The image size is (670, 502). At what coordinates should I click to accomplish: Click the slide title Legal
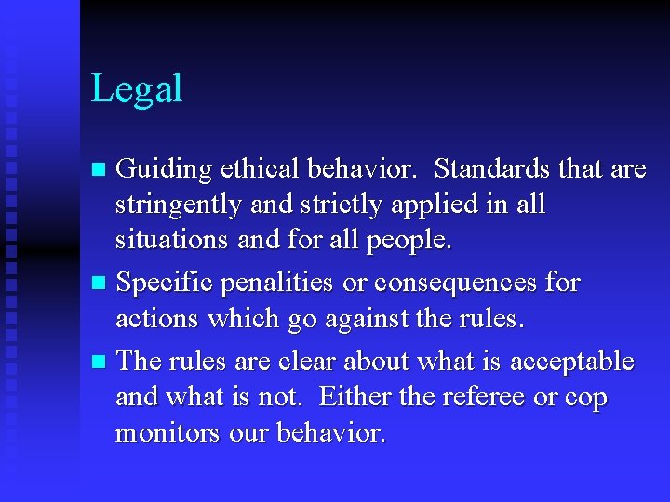[x=137, y=90]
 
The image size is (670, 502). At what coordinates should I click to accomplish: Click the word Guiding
[x=164, y=169]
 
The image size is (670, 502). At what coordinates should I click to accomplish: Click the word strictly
[x=327, y=205]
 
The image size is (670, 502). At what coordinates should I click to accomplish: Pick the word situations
[x=171, y=241]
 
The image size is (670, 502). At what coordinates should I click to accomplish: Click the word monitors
[x=169, y=433]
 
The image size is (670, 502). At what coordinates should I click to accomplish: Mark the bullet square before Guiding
[x=100, y=170]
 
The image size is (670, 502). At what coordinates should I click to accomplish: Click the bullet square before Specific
[x=100, y=283]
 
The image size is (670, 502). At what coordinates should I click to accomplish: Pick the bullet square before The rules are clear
[x=100, y=362]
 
